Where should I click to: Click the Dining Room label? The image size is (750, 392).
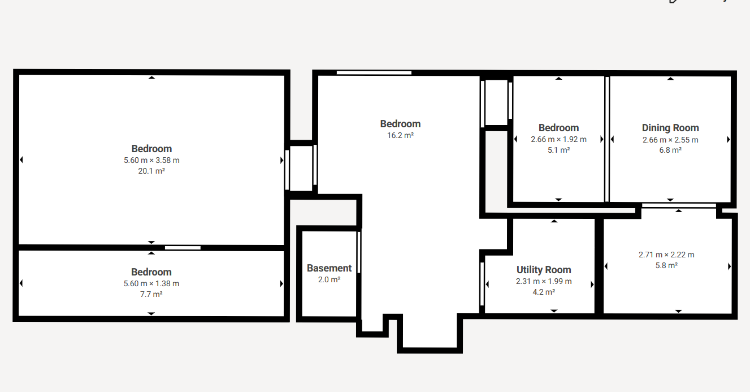[x=670, y=128]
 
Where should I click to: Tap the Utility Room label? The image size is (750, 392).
[x=544, y=270]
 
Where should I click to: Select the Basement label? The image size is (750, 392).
[x=329, y=268]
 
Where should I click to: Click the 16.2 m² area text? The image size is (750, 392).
[x=401, y=135]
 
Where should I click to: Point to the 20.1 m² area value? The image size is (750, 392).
[x=151, y=171]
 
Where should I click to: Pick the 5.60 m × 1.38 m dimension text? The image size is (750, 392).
[x=151, y=283]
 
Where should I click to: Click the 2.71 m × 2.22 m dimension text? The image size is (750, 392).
[x=666, y=255]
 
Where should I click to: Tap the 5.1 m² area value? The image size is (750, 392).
[x=558, y=150]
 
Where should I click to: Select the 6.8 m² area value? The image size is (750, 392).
[x=670, y=150]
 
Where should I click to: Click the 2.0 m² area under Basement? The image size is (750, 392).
[x=329, y=279]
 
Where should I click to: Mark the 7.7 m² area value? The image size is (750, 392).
[x=151, y=294]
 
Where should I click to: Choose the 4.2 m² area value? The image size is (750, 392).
[x=544, y=292]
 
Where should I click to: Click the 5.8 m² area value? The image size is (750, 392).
[x=666, y=265]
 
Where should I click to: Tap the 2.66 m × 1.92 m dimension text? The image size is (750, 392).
[x=558, y=139]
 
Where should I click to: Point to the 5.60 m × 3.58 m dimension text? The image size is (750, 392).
[x=151, y=160]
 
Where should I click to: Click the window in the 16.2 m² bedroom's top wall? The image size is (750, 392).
[x=374, y=73]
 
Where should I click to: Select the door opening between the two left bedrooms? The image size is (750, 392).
[x=183, y=248]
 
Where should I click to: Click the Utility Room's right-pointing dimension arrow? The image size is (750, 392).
[x=592, y=285]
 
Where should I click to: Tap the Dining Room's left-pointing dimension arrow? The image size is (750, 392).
[x=613, y=139]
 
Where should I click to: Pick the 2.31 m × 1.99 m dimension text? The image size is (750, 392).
[x=544, y=282]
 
